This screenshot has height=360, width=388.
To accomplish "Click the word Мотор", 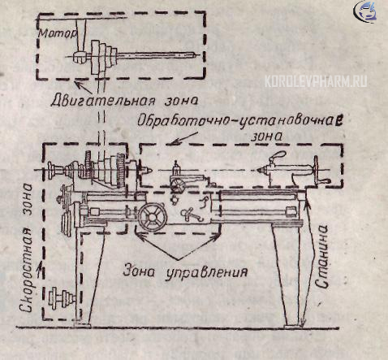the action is click(58, 33).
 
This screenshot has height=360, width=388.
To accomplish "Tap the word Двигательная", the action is click(103, 100).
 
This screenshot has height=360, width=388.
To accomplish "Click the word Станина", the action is click(322, 256).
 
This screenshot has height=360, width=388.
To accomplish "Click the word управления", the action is click(206, 272).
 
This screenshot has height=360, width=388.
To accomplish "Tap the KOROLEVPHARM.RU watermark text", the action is click(316, 81).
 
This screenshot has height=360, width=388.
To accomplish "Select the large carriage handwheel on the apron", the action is click(153, 217).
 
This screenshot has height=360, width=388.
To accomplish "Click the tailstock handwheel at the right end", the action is click(316, 170).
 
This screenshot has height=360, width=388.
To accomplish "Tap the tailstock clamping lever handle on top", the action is click(278, 157).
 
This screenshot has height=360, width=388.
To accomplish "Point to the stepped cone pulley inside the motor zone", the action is click(104, 57).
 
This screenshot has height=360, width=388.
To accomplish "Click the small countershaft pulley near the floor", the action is click(61, 298).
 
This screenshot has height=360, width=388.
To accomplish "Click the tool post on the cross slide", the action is click(176, 169).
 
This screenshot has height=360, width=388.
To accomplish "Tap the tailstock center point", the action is click(258, 170).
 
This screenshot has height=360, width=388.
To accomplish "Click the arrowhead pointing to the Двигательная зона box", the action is click(78, 83).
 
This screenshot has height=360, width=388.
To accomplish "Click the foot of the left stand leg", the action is click(82, 323).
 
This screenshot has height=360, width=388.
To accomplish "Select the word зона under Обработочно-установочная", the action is click(265, 136).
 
